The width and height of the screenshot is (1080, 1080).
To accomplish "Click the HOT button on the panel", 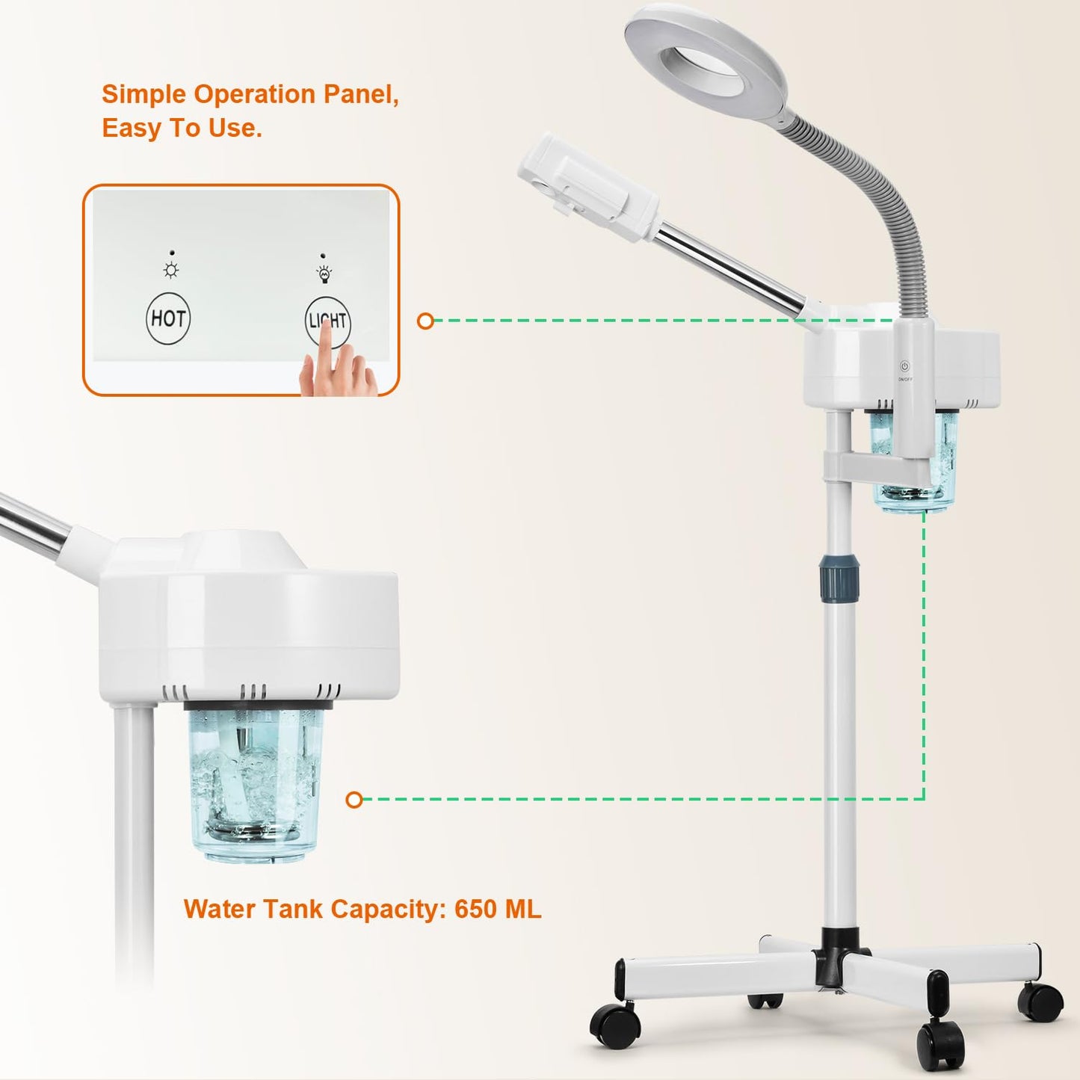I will (168, 318).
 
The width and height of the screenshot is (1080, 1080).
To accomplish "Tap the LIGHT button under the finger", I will (328, 321).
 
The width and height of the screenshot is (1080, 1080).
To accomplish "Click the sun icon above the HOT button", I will (171, 271).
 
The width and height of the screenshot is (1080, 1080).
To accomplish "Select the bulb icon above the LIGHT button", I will (324, 274).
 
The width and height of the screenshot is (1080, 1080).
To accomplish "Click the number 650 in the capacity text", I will (475, 909).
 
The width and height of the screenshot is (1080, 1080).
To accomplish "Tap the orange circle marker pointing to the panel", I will (425, 321).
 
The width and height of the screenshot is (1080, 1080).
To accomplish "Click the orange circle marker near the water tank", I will (354, 800).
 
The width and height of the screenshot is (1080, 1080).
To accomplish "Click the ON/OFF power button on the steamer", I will (904, 367).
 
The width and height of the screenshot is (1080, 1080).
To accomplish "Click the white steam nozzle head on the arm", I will (587, 187).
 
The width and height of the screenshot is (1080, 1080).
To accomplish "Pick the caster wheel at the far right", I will (1041, 1002).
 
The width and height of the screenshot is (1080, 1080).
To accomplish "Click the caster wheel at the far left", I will (615, 1025).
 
